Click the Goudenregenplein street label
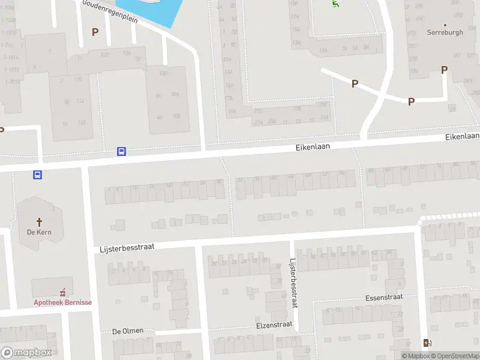110,11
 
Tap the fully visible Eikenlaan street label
313,146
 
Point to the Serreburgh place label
445,32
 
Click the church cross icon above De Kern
39,221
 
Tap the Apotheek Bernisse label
62,302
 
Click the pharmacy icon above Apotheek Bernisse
62,293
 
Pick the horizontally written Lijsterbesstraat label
127,248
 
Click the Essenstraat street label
383,298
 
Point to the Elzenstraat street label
274,325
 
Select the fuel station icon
427,343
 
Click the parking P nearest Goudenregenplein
94,32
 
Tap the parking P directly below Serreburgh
444,70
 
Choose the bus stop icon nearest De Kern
37,175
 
